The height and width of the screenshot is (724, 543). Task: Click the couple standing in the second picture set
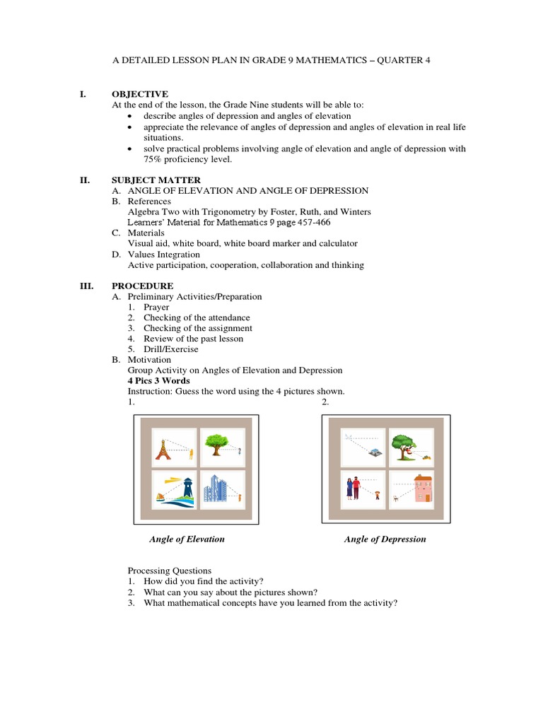tap(353, 489)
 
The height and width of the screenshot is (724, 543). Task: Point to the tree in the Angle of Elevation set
tap(216, 445)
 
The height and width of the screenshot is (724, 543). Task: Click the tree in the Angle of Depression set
tap(404, 445)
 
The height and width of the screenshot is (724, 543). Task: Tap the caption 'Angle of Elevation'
tap(187, 539)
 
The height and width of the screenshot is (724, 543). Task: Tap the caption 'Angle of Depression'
tap(385, 539)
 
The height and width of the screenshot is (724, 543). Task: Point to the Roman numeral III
tap(86, 286)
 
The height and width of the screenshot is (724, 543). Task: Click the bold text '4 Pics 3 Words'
tap(158, 380)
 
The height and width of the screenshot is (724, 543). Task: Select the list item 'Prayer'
tap(156, 307)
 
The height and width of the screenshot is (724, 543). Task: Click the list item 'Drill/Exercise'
tap(170, 349)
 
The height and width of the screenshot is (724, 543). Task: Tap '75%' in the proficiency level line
tap(155, 159)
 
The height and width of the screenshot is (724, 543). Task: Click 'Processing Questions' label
tap(169, 571)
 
